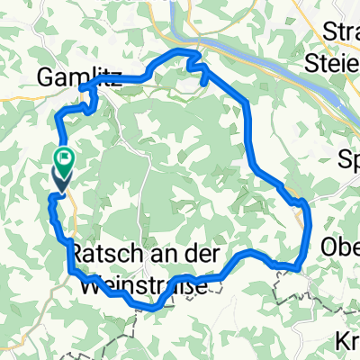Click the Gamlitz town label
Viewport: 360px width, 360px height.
[67, 78]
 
